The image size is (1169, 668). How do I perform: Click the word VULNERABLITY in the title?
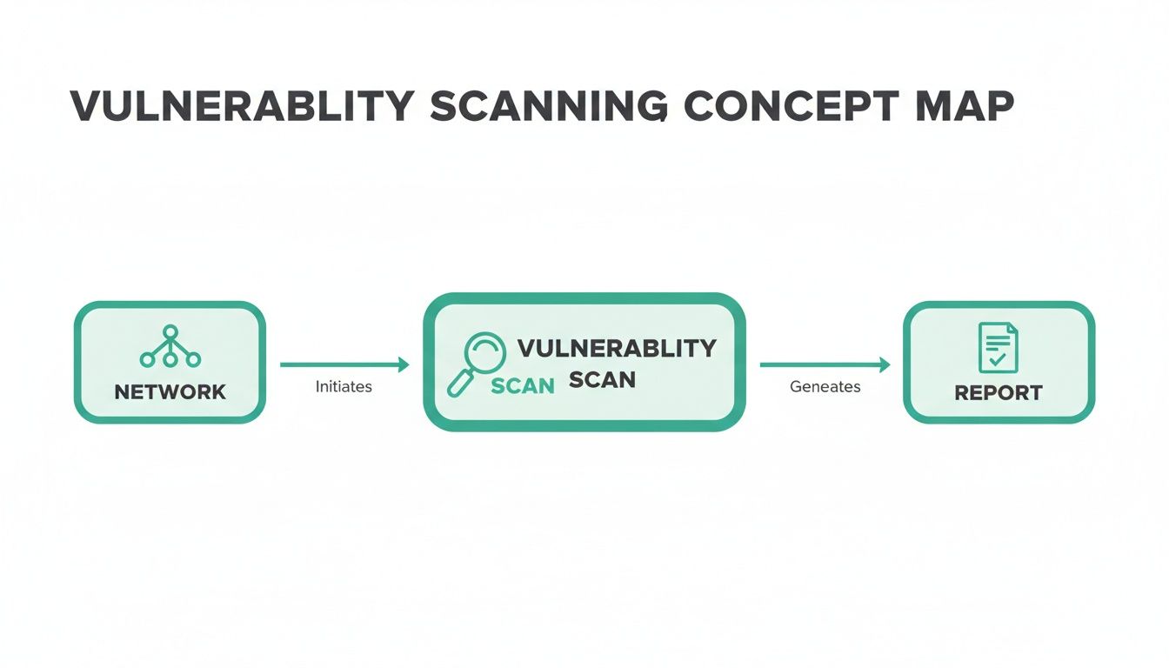tap(241, 106)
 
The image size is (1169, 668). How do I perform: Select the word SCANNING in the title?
tap(549, 106)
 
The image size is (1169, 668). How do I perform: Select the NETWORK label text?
tap(170, 392)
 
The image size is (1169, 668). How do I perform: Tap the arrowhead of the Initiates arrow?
tap(404, 365)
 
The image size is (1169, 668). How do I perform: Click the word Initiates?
tap(344, 387)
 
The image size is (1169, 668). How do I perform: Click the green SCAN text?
tap(523, 386)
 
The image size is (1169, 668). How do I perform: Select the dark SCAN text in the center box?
tap(602, 380)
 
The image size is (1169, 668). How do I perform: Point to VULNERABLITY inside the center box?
tap(617, 349)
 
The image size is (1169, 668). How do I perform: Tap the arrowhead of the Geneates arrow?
tap(885, 365)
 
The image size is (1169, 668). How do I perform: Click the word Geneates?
tap(825, 387)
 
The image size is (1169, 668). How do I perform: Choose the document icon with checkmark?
tap(998, 347)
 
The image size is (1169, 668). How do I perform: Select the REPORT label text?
tap(998, 393)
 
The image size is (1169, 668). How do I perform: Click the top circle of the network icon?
tap(170, 331)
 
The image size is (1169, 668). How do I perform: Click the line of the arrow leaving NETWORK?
tap(339, 365)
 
